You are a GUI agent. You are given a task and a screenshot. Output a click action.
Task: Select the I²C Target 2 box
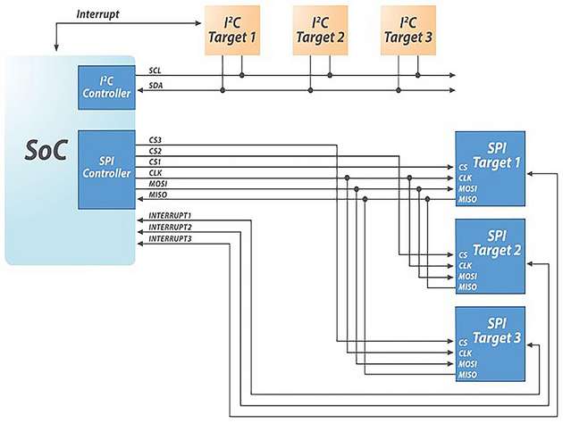320,29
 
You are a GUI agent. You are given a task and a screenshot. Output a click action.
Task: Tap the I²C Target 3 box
408,29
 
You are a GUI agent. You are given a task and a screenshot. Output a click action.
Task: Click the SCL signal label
155,70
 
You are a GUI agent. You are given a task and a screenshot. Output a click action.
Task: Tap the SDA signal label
155,86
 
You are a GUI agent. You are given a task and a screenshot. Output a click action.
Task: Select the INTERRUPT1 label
171,216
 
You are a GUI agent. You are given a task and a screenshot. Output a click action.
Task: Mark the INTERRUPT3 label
171,239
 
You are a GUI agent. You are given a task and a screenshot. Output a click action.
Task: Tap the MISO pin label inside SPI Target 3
468,375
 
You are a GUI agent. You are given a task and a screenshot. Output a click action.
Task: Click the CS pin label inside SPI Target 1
464,166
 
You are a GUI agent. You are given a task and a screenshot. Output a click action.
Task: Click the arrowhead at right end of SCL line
452,76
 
